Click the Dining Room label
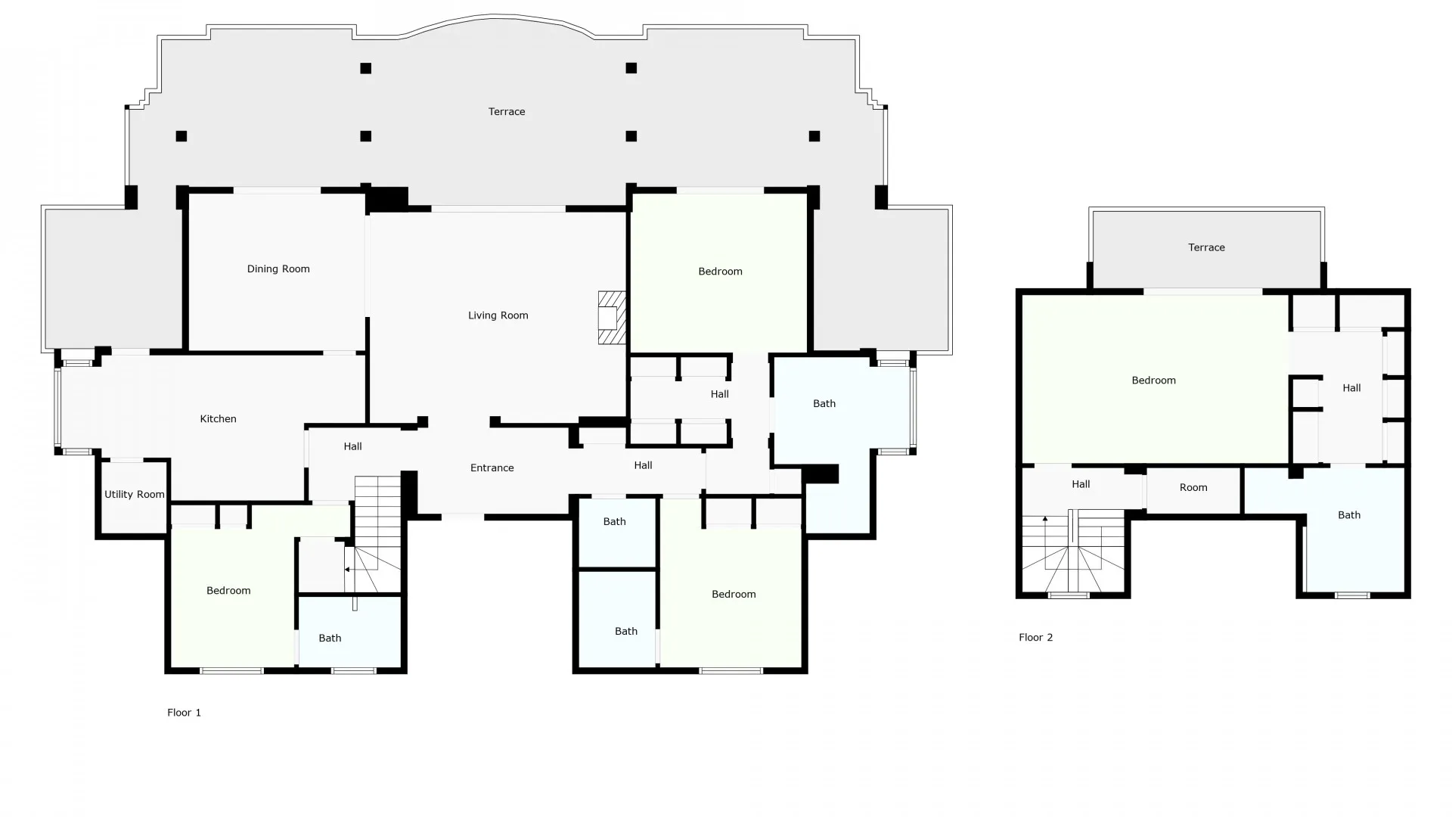click(278, 269)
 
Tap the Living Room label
click(498, 315)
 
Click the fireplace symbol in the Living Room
click(612, 318)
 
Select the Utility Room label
click(134, 495)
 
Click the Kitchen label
click(218, 418)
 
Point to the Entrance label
click(492, 468)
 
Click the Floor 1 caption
click(184, 713)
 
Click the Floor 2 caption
click(1035, 638)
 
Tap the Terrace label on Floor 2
click(1206, 247)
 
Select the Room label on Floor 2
click(1193, 488)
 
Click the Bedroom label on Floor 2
click(1153, 381)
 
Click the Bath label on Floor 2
click(1348, 515)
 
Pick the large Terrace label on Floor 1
click(506, 112)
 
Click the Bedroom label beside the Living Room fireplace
click(720, 272)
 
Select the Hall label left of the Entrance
click(352, 446)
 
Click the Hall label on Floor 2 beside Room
click(1080, 484)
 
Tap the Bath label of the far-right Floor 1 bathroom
click(824, 404)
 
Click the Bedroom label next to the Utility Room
click(228, 591)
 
